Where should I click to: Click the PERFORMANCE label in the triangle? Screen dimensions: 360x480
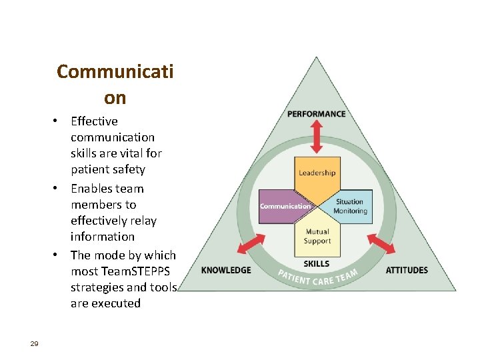(x=317, y=114)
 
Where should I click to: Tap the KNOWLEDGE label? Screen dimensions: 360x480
(x=226, y=270)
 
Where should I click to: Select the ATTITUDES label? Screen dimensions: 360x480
(x=407, y=270)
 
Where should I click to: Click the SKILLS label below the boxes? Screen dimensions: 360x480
(x=317, y=263)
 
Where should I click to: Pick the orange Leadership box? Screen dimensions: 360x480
(x=317, y=175)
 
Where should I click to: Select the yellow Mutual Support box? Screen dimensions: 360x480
(x=317, y=237)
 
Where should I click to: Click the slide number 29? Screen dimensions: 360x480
(x=35, y=343)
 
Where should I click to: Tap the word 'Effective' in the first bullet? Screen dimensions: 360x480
(x=94, y=121)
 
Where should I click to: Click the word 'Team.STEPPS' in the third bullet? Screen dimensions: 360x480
(x=127, y=271)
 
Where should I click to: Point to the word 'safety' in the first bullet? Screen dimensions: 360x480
(x=127, y=169)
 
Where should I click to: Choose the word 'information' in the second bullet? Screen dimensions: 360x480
(x=103, y=237)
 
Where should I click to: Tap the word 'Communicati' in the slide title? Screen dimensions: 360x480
(x=115, y=71)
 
